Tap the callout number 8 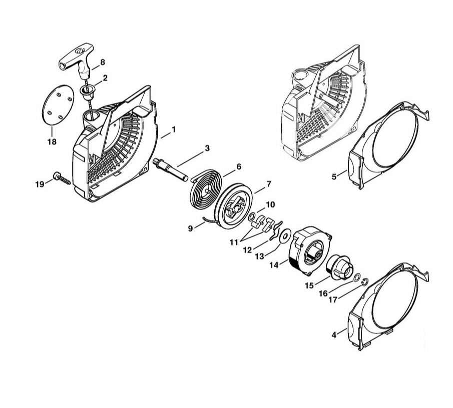pos(103,62)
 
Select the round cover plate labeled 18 pos(58,105)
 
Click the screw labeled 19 pos(62,179)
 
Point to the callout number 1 pos(173,129)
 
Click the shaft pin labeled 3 pos(170,169)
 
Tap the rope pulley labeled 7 pos(234,206)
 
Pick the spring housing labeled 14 pos(310,250)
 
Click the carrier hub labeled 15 pos(339,267)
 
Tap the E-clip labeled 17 pos(365,281)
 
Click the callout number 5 pos(334,176)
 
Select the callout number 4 pos(334,335)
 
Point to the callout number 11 pos(234,242)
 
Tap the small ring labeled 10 pos(252,216)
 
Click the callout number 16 pos(323,293)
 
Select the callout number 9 pos(190,228)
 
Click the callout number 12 pos(247,250)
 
